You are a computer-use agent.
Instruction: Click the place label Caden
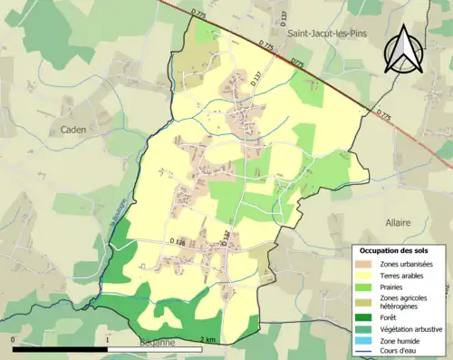(x=73, y=130)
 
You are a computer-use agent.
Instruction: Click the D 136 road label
(x=177, y=241)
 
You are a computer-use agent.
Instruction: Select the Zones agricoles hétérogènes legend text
(x=402, y=301)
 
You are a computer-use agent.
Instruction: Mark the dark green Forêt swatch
(x=361, y=317)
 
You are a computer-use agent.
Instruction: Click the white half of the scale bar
(x=61, y=345)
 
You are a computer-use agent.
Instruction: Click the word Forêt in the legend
(x=387, y=317)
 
